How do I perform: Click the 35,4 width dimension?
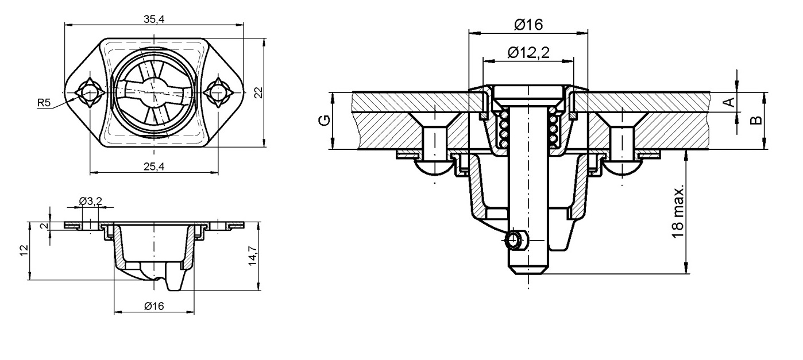click(x=153, y=19)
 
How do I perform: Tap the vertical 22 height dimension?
click(x=258, y=92)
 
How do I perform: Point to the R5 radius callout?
click(x=44, y=103)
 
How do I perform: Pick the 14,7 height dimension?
click(x=253, y=253)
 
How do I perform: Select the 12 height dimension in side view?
click(x=24, y=251)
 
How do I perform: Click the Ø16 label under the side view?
click(x=153, y=306)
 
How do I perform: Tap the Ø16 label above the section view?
click(x=528, y=25)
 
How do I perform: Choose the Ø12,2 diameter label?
click(x=528, y=52)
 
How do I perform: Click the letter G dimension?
click(x=325, y=121)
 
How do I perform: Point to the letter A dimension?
click(x=728, y=103)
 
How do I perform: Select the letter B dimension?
click(x=756, y=119)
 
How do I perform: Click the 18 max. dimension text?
click(x=678, y=211)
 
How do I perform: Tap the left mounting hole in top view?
click(x=89, y=92)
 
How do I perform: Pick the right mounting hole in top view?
click(x=218, y=92)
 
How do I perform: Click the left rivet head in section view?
click(x=434, y=167)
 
